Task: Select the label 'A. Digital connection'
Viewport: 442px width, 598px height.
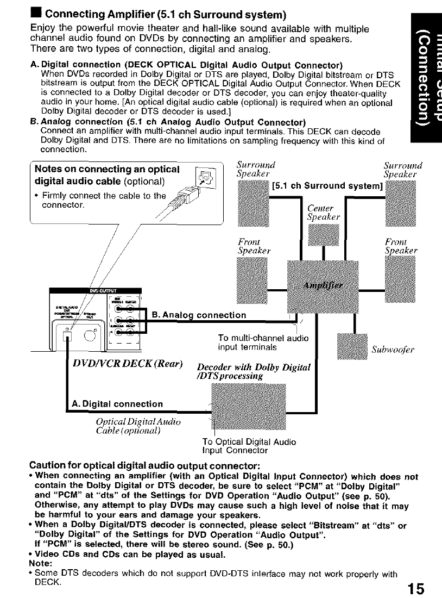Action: [x=117, y=404]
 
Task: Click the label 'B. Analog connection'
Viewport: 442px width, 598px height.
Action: [x=199, y=315]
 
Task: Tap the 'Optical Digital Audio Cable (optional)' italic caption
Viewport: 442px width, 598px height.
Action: [x=137, y=427]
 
